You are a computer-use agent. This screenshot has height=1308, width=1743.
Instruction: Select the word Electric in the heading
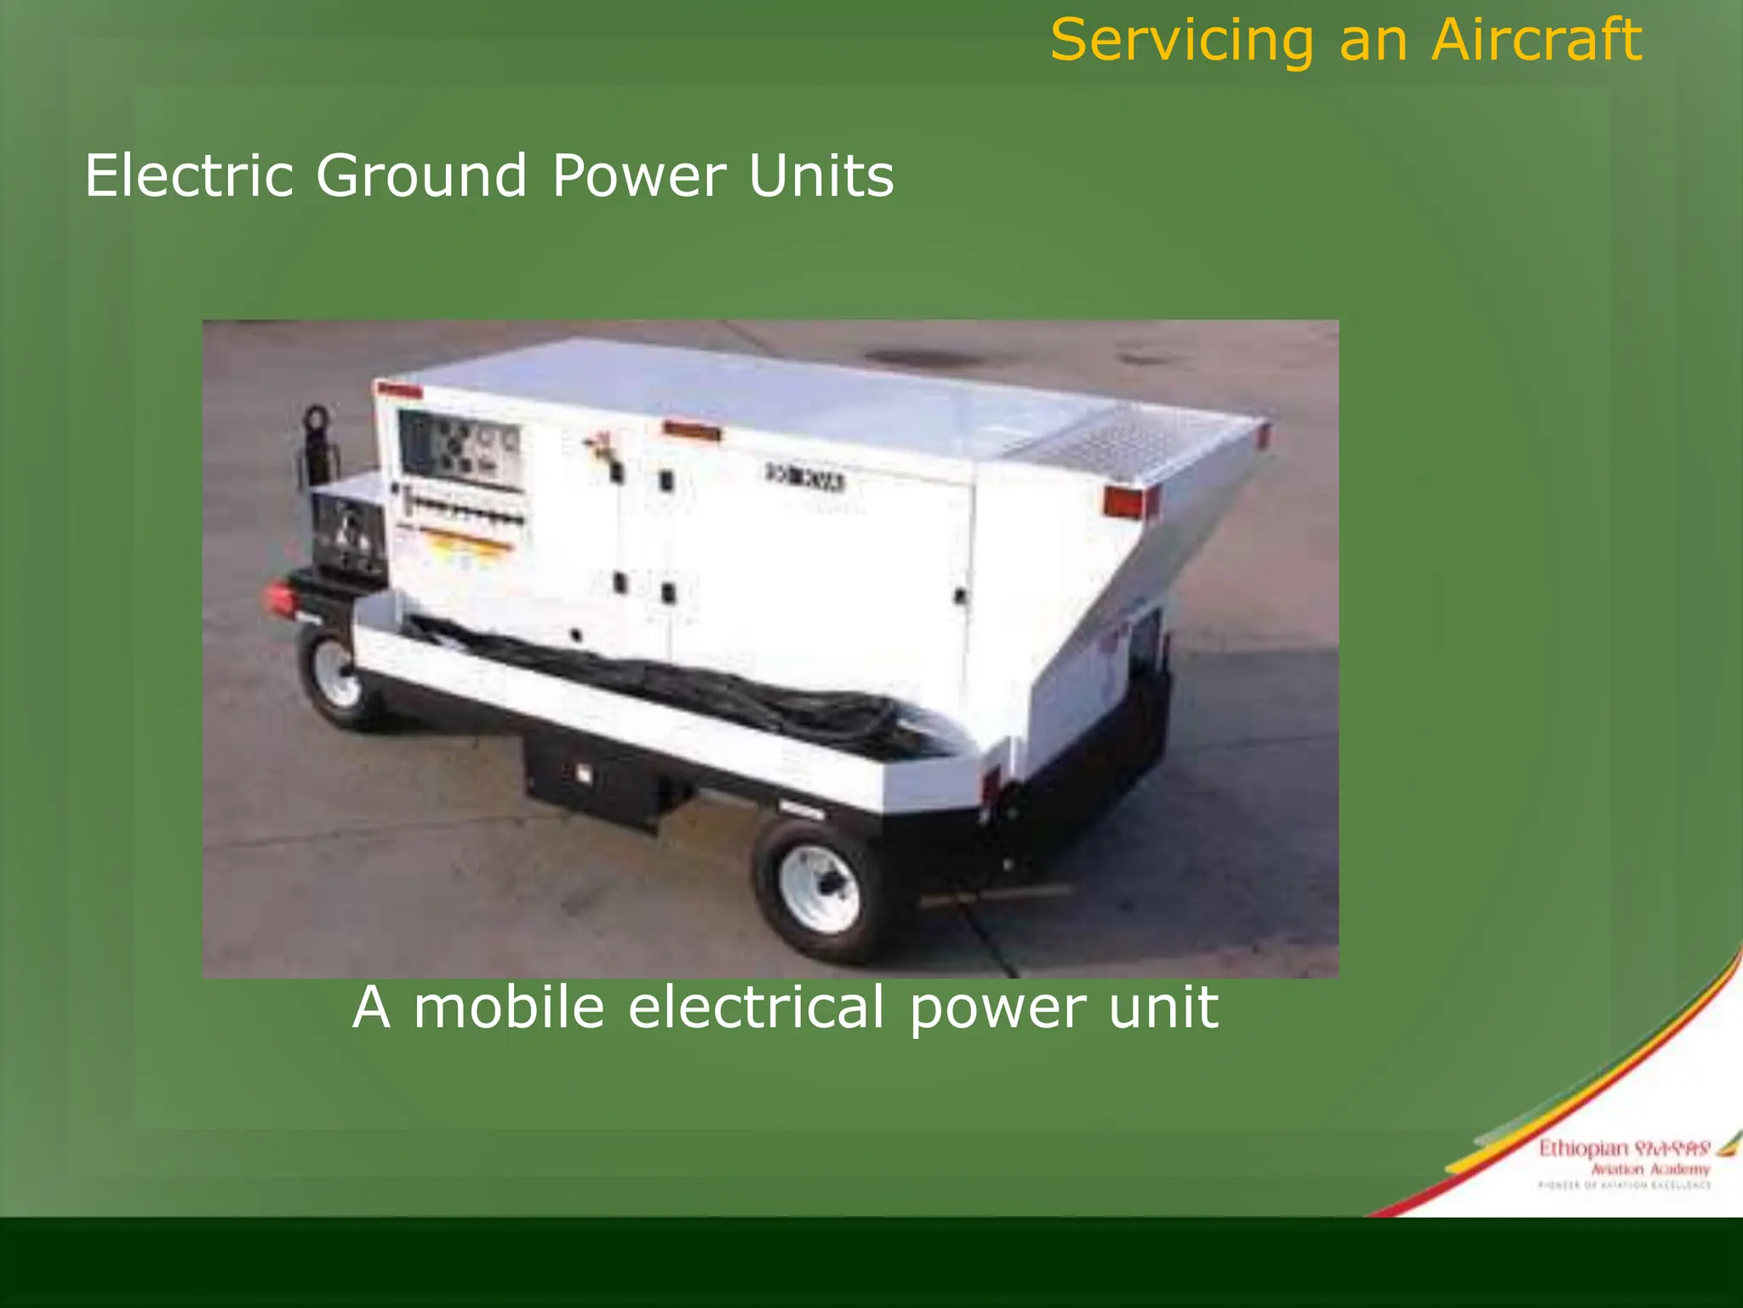coord(189,175)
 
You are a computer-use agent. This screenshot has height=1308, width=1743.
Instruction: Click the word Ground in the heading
coord(422,175)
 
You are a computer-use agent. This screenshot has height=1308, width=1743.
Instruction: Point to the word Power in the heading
coord(639,175)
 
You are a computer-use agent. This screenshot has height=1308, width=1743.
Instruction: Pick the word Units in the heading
coord(821,175)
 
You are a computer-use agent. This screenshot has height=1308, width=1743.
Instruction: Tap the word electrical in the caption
coord(757,1007)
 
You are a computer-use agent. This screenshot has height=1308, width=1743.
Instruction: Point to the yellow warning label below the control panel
coord(464,546)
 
